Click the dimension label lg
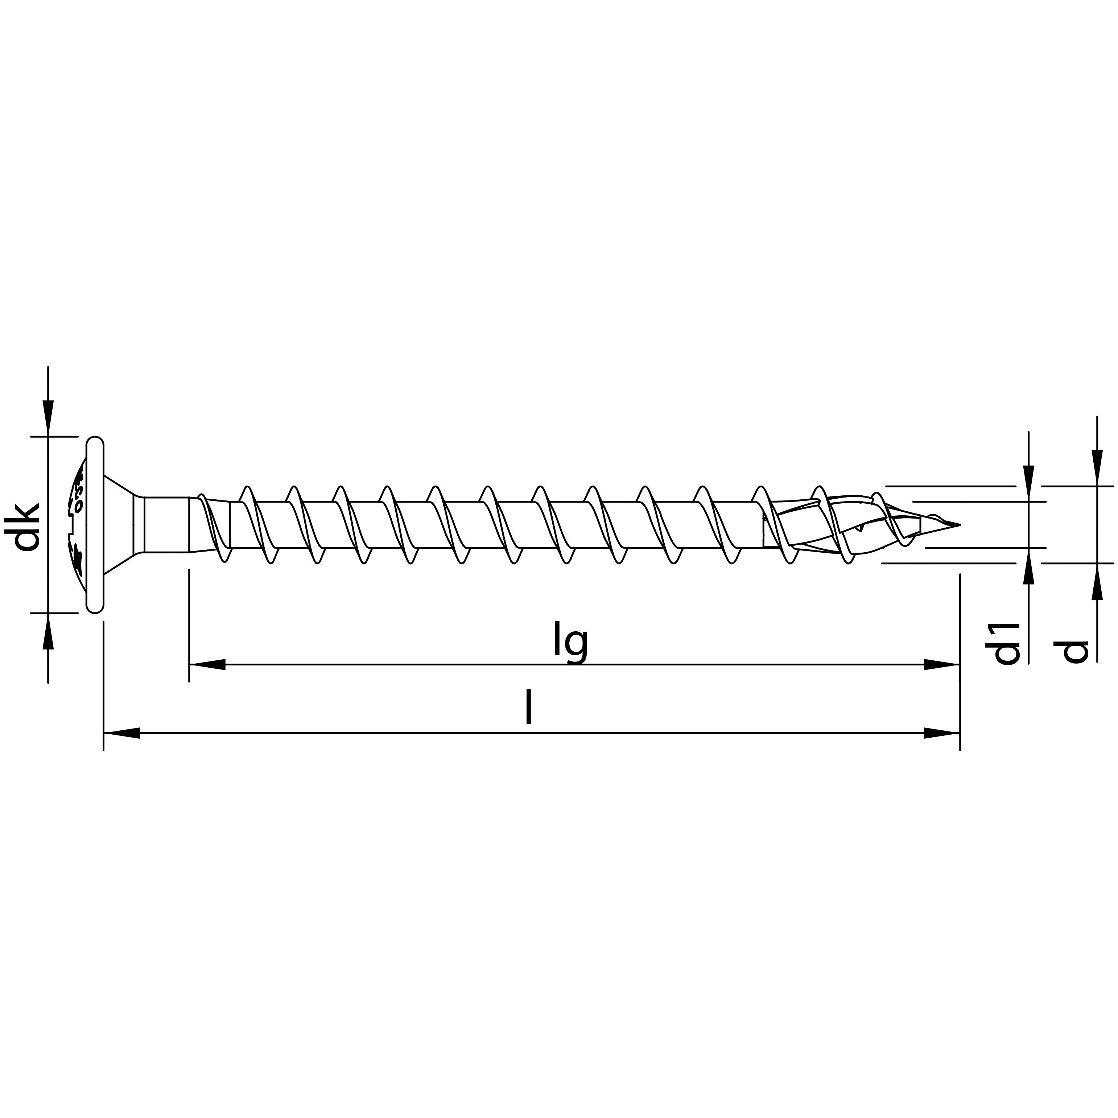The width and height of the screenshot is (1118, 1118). [x=570, y=641]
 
